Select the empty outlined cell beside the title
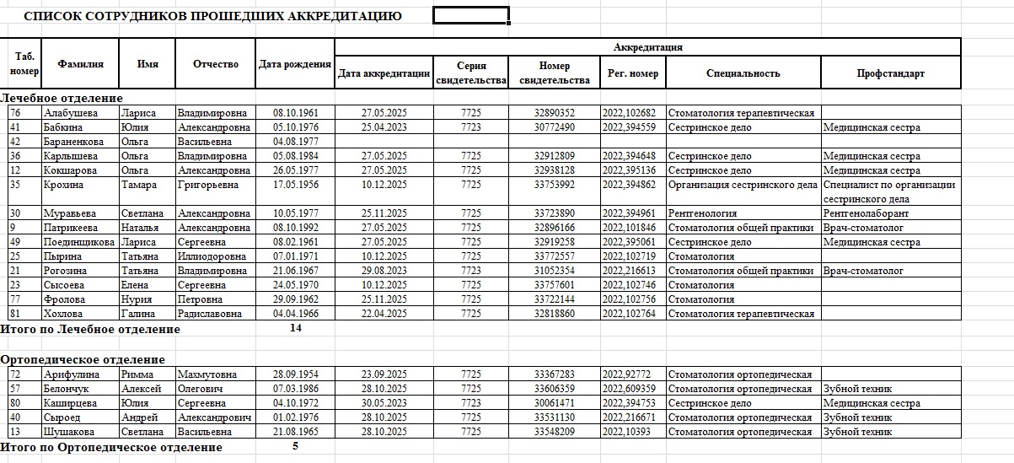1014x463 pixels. tap(470, 15)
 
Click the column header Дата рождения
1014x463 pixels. tap(294, 64)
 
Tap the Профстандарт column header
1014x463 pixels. tap(890, 73)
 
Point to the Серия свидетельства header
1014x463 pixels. tap(470, 73)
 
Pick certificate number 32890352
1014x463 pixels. tap(554, 113)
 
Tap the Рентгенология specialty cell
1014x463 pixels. tap(702, 213)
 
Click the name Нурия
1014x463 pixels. tap(135, 299)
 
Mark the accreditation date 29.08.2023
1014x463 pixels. tap(384, 271)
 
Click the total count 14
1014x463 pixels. tap(295, 328)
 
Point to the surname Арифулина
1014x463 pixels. tap(71, 374)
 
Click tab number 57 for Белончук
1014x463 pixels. tap(15, 389)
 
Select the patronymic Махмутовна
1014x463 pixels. tap(206, 374)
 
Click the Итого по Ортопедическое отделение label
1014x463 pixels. tap(111, 447)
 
